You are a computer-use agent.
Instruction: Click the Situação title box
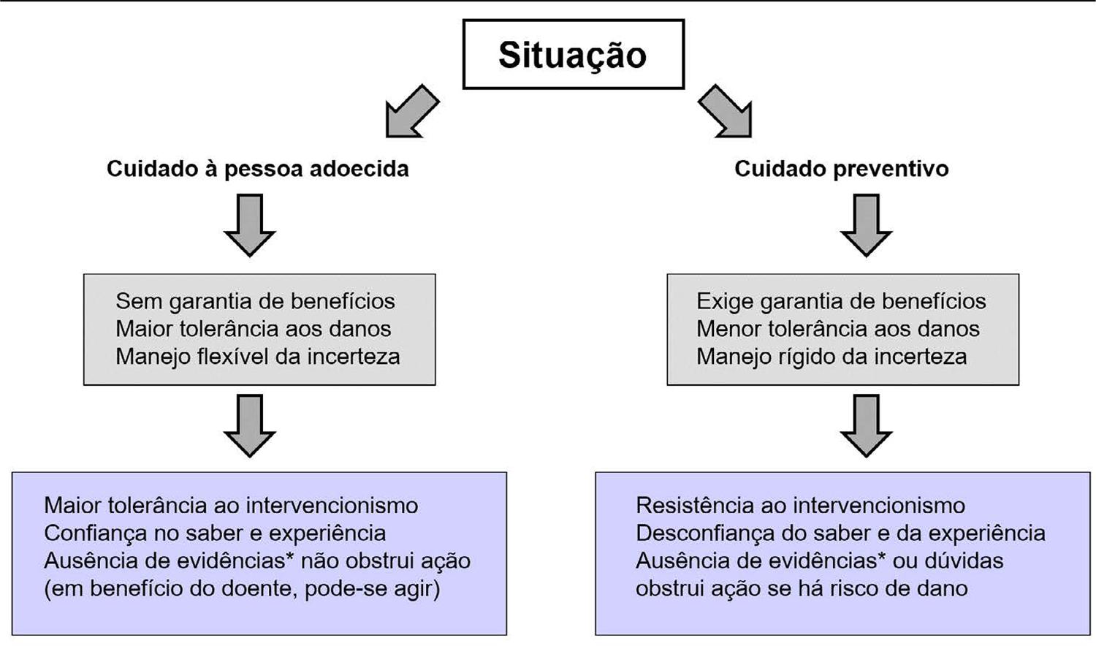click(x=574, y=54)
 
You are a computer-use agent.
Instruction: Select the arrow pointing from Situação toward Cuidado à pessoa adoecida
click(x=413, y=112)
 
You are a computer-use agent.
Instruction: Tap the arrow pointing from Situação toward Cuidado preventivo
click(x=725, y=112)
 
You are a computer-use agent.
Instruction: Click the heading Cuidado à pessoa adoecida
click(x=258, y=170)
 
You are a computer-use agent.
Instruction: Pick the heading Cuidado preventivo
click(x=842, y=170)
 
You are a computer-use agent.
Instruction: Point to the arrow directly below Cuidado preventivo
click(x=866, y=225)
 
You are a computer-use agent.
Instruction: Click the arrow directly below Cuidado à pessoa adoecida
click(x=250, y=225)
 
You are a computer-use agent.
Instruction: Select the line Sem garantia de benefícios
click(x=256, y=302)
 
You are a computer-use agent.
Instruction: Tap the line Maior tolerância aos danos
click(x=254, y=329)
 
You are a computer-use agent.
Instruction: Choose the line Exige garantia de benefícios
click(x=841, y=302)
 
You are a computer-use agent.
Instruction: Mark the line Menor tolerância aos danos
click(x=838, y=329)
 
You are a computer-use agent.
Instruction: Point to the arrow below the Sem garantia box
click(x=250, y=426)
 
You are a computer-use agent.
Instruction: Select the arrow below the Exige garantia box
click(x=866, y=426)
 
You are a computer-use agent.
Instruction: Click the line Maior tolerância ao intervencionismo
click(x=231, y=506)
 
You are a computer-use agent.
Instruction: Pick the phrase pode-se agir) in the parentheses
click(x=373, y=589)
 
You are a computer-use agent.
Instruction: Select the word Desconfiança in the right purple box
click(x=704, y=533)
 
